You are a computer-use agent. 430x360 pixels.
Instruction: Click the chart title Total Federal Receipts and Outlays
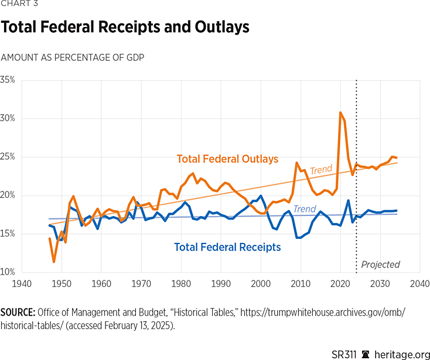click(x=125, y=27)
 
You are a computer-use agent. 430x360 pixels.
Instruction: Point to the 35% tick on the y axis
click(x=8, y=80)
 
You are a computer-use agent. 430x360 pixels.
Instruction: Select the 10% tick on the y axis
click(x=8, y=272)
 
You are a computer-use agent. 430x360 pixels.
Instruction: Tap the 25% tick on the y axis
click(x=8, y=157)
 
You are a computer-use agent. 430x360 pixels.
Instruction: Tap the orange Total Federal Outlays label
click(x=227, y=159)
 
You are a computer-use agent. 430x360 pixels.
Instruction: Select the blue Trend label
click(x=305, y=209)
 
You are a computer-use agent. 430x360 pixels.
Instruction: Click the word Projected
click(x=380, y=264)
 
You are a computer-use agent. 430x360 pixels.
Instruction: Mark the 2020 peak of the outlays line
click(x=340, y=112)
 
